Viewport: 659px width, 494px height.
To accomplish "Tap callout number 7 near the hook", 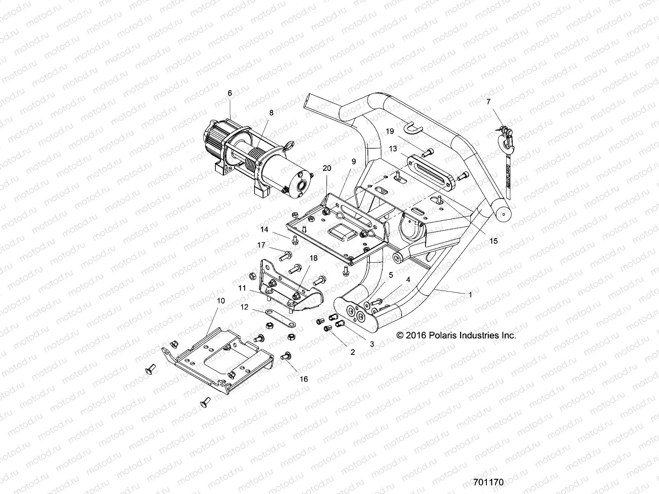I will pyautogui.click(x=488, y=102).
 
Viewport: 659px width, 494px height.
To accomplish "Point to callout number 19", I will pyautogui.click(x=390, y=131).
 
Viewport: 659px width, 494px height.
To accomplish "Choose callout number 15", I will pyautogui.click(x=493, y=241).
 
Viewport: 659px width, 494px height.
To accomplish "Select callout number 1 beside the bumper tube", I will pyautogui.click(x=470, y=295).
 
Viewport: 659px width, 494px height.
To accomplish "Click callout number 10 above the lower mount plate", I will pyautogui.click(x=221, y=301).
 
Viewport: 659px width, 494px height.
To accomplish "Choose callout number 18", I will pyautogui.click(x=313, y=258).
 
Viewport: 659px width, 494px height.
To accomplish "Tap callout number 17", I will pyautogui.click(x=273, y=245).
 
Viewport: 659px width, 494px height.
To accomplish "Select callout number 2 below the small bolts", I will pyautogui.click(x=353, y=352).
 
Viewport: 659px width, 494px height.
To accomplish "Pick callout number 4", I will pyautogui.click(x=408, y=280).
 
